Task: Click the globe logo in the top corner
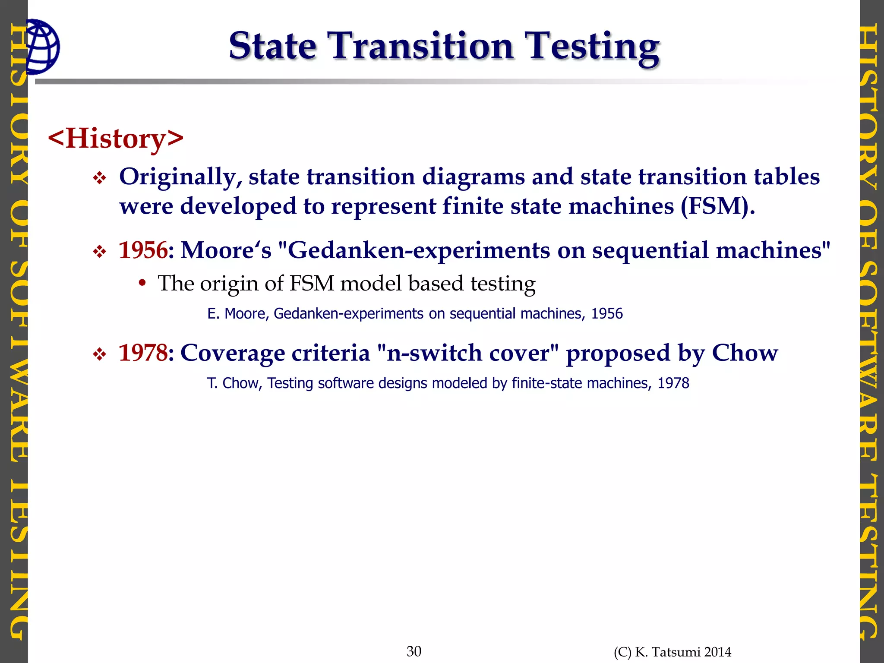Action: pos(42,47)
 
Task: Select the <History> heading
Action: pos(116,139)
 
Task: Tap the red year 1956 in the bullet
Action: pos(143,250)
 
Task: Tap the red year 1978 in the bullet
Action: pos(143,353)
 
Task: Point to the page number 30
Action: pos(414,651)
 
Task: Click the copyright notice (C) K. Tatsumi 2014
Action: pos(672,652)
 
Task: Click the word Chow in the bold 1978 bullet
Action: pos(745,353)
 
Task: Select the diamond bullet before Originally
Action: pos(100,178)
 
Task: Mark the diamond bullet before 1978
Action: pos(100,355)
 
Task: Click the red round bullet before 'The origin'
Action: pos(142,284)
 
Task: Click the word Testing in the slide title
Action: pos(594,46)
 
